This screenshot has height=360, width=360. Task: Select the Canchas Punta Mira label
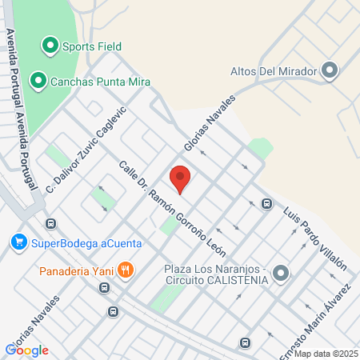[100, 81]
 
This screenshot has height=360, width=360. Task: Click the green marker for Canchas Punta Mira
[37, 80]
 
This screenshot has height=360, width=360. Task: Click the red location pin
[180, 178]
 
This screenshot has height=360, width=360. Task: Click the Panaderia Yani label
[74, 270]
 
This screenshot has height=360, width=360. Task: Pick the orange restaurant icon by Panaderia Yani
[125, 270]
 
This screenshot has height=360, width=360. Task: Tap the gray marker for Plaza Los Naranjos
[280, 274]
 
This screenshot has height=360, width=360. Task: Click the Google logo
[27, 350]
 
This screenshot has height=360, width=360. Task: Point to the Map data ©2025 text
[325, 354]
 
